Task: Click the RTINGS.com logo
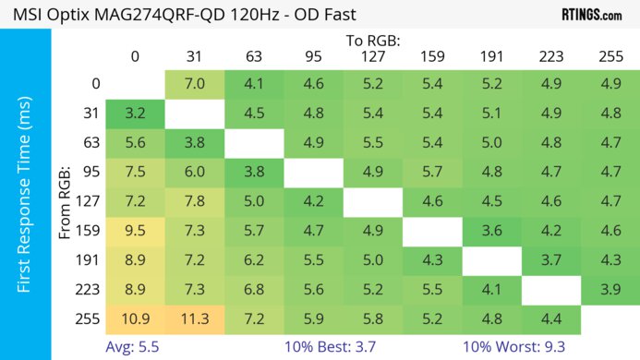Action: coord(591,14)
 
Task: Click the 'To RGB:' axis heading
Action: coord(373,41)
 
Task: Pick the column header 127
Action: coord(373,57)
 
